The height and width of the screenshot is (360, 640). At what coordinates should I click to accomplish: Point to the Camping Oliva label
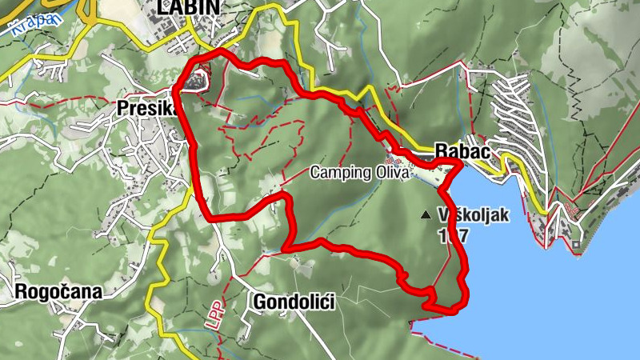[359, 171]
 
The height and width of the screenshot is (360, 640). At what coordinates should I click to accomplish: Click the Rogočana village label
[58, 292]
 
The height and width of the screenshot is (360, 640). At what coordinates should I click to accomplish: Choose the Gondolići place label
[293, 302]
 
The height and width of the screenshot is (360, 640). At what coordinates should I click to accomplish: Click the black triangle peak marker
[425, 214]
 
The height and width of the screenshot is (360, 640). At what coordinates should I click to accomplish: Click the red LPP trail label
[214, 314]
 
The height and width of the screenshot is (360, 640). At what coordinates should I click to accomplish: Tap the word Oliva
[391, 171]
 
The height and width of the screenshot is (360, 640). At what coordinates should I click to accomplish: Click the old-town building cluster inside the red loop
[196, 81]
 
